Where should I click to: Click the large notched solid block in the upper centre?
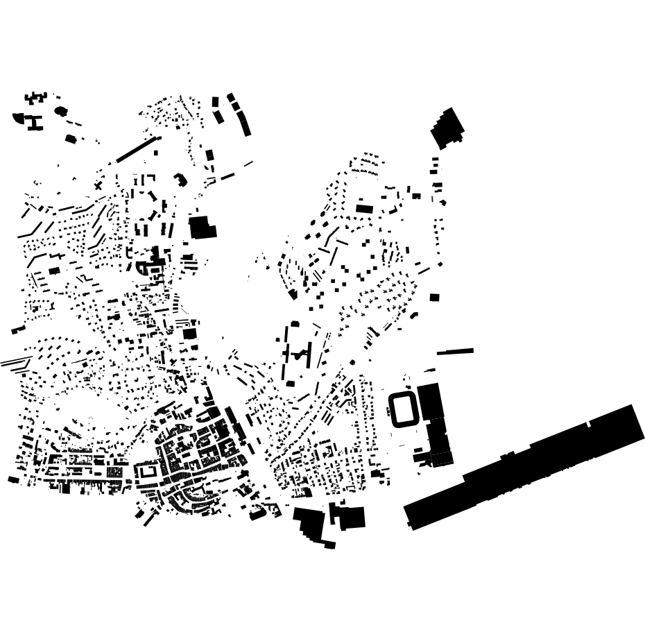[x=203, y=227]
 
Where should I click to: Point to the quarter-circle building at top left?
[x=19, y=118]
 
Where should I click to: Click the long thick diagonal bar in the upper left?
[x=139, y=148]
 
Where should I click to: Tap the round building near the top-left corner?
[x=60, y=110]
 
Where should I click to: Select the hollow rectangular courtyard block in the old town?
[x=148, y=472]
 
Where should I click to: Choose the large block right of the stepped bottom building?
[x=350, y=518]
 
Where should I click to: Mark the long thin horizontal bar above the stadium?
[x=455, y=352]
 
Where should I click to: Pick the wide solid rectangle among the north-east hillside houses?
[x=364, y=208]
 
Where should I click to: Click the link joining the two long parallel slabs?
[x=300, y=356]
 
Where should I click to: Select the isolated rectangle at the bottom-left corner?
[x=13, y=479]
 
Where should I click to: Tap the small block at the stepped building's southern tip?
[x=330, y=545]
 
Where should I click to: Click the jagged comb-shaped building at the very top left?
[x=35, y=98]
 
